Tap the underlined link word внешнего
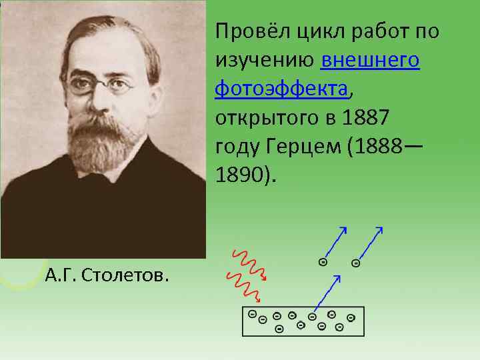pos(370,61)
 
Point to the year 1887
pos(363,118)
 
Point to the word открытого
pos(264,118)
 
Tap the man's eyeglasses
pos(100,85)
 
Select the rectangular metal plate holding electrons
pos(303,322)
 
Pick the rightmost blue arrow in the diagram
pos(369,243)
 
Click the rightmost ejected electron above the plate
pos(356,263)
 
